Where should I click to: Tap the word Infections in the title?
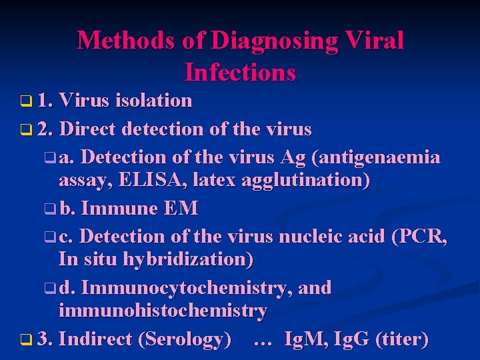[x=240, y=71]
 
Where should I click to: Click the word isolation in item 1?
[x=153, y=101]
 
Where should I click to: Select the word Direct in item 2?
[x=91, y=129]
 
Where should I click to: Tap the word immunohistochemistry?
[x=163, y=311]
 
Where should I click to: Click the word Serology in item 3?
[x=185, y=339]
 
